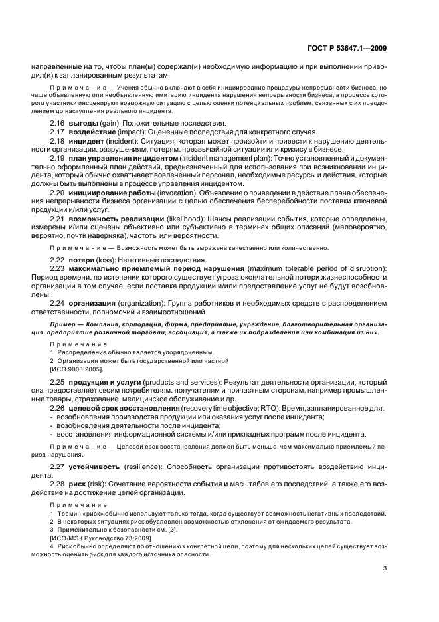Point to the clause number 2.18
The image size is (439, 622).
(x=59, y=142)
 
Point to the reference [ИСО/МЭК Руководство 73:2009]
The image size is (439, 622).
(x=100, y=538)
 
